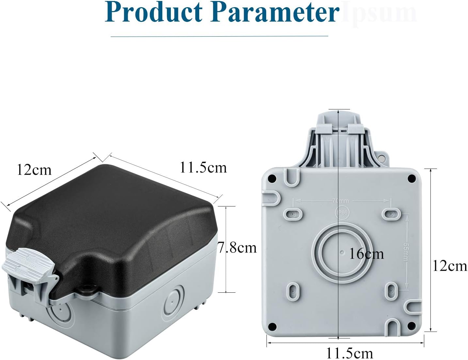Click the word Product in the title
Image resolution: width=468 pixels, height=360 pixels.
point(153,12)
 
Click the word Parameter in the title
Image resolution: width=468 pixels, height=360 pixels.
point(274,12)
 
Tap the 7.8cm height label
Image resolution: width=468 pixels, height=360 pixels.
point(237,248)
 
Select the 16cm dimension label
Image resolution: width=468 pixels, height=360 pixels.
point(366,254)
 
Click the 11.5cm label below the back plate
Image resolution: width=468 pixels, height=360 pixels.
point(349,353)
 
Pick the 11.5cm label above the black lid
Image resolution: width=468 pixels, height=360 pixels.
point(203,168)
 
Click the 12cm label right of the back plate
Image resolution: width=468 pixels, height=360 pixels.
point(450,266)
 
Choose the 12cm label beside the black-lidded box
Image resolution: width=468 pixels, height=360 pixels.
point(34,170)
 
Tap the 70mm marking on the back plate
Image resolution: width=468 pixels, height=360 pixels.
point(340,201)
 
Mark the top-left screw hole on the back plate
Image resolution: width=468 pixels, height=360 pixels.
point(271,178)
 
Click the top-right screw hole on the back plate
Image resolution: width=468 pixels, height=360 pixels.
point(412,178)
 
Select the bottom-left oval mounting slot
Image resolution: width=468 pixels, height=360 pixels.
point(293,290)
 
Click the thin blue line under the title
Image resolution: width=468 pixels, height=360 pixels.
point(219,36)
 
